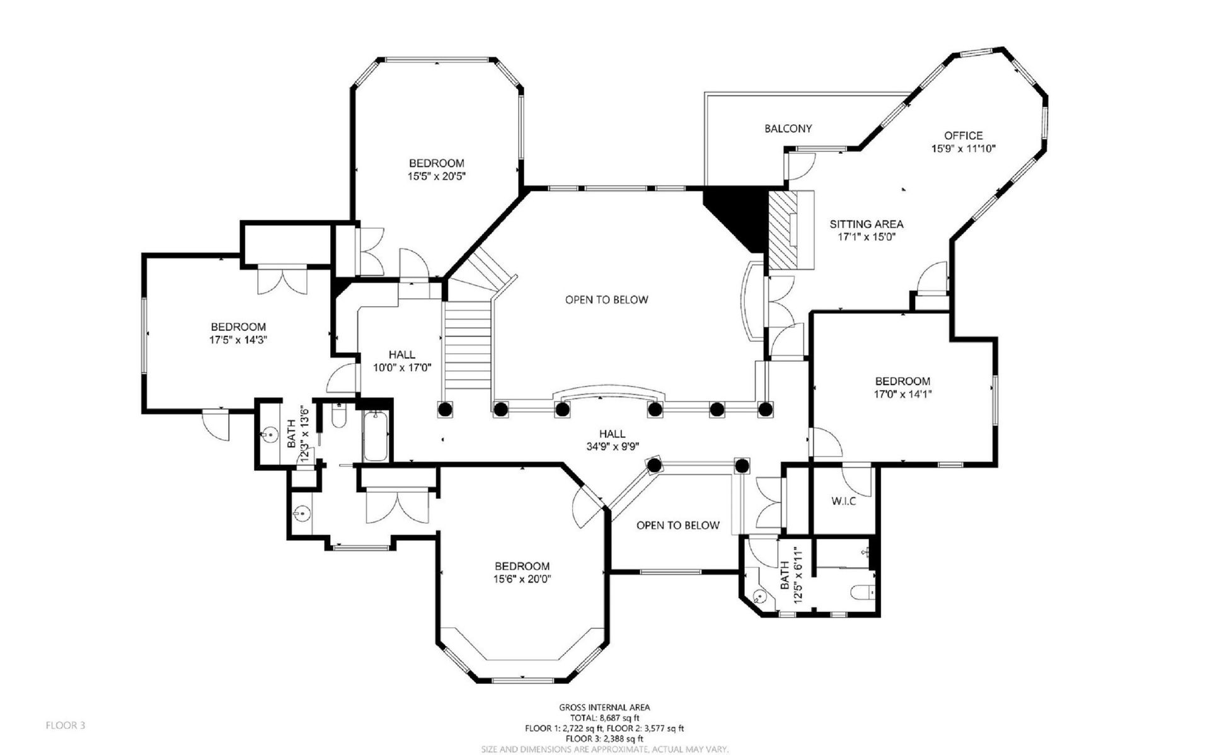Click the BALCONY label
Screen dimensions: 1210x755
788,129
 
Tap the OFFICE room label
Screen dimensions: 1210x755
963,135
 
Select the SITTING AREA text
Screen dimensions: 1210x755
866,224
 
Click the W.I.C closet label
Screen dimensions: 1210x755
843,502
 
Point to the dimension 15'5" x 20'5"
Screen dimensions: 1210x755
436,176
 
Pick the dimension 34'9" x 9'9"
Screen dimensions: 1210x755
612,447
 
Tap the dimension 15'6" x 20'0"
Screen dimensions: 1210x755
522,579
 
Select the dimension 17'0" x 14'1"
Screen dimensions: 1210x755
902,394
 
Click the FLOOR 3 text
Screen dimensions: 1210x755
66,725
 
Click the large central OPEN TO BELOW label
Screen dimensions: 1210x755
606,299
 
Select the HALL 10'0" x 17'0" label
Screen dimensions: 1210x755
402,361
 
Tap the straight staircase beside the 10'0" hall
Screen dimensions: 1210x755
468,347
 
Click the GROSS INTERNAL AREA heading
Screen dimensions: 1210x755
604,707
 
